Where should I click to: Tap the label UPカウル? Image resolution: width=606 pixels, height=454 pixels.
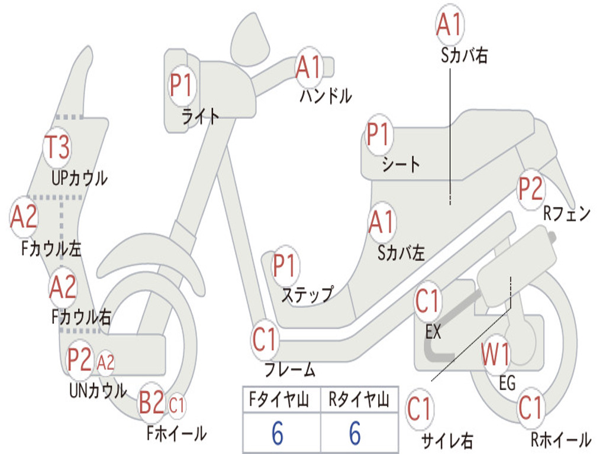(x=79, y=177)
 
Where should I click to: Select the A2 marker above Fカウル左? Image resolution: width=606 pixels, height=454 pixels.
(x=24, y=217)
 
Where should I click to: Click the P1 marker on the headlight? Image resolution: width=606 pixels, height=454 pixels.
(x=181, y=85)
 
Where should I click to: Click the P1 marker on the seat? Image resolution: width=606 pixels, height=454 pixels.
(x=378, y=135)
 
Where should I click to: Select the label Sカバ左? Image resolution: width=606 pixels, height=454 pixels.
(x=401, y=253)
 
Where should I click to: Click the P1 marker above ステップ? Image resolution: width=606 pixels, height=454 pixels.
(x=285, y=265)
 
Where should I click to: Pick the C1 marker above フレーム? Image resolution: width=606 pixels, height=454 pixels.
(x=265, y=340)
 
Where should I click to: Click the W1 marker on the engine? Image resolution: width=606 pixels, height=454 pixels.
(x=495, y=355)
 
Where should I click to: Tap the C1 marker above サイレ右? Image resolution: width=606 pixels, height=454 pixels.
(x=420, y=409)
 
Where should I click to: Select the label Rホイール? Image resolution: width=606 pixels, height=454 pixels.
(x=560, y=440)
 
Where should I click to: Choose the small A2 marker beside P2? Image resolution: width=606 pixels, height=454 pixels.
(x=105, y=362)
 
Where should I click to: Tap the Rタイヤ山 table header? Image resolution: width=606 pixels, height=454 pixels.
(x=359, y=401)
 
